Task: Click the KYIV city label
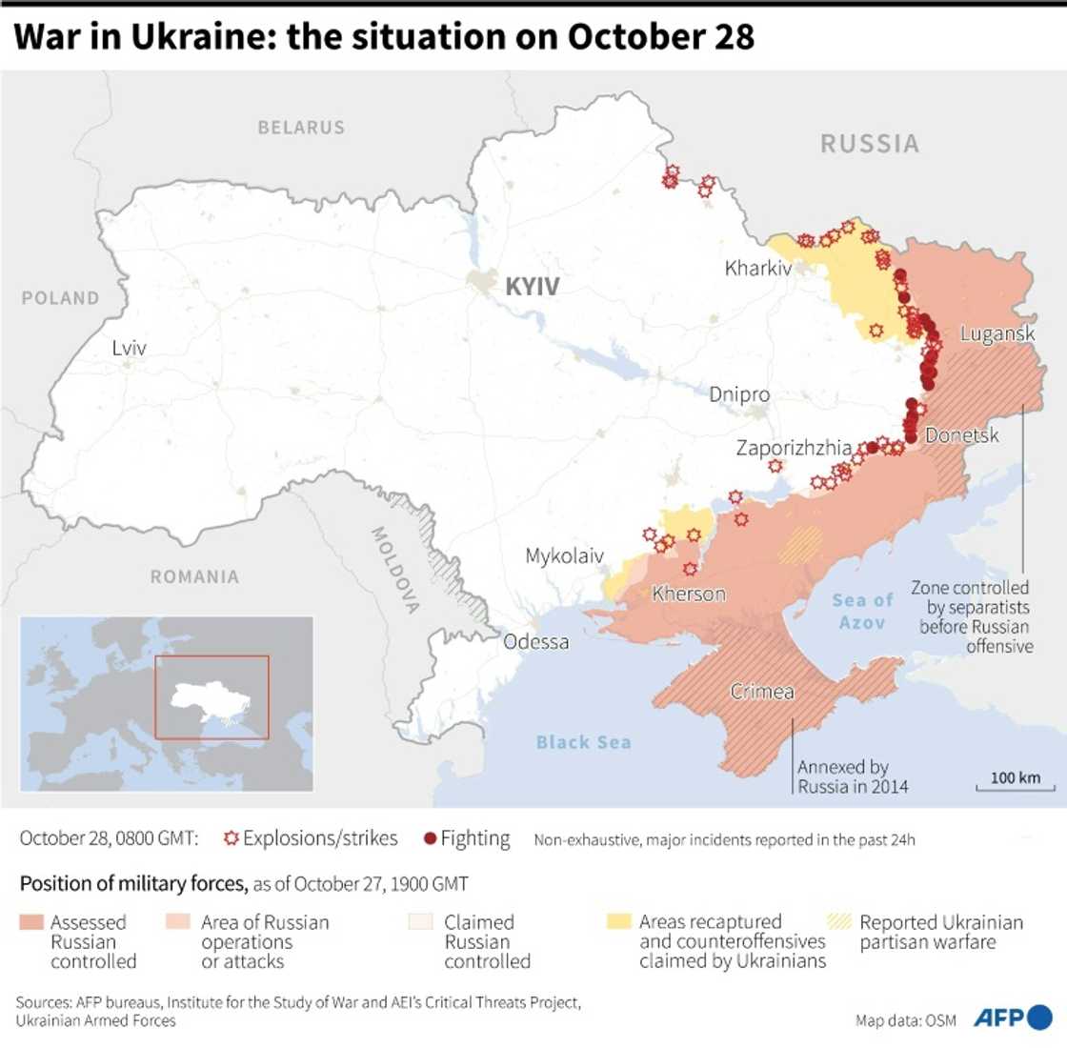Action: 532,286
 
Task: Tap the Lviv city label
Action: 129,348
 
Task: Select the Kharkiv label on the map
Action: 758,268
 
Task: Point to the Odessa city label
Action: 535,641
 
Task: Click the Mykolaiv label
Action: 564,555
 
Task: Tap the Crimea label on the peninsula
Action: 762,692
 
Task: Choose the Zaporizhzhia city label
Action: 794,447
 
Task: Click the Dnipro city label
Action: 739,394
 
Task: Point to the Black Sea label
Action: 583,742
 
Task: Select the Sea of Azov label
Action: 862,611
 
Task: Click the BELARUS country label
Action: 301,127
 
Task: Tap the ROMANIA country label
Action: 194,576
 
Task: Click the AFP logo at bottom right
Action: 1012,1018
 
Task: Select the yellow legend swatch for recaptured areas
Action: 619,922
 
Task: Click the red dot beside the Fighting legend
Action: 430,838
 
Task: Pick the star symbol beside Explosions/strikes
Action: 231,838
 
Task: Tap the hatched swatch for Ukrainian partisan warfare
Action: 839,922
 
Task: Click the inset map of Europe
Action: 167,703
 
